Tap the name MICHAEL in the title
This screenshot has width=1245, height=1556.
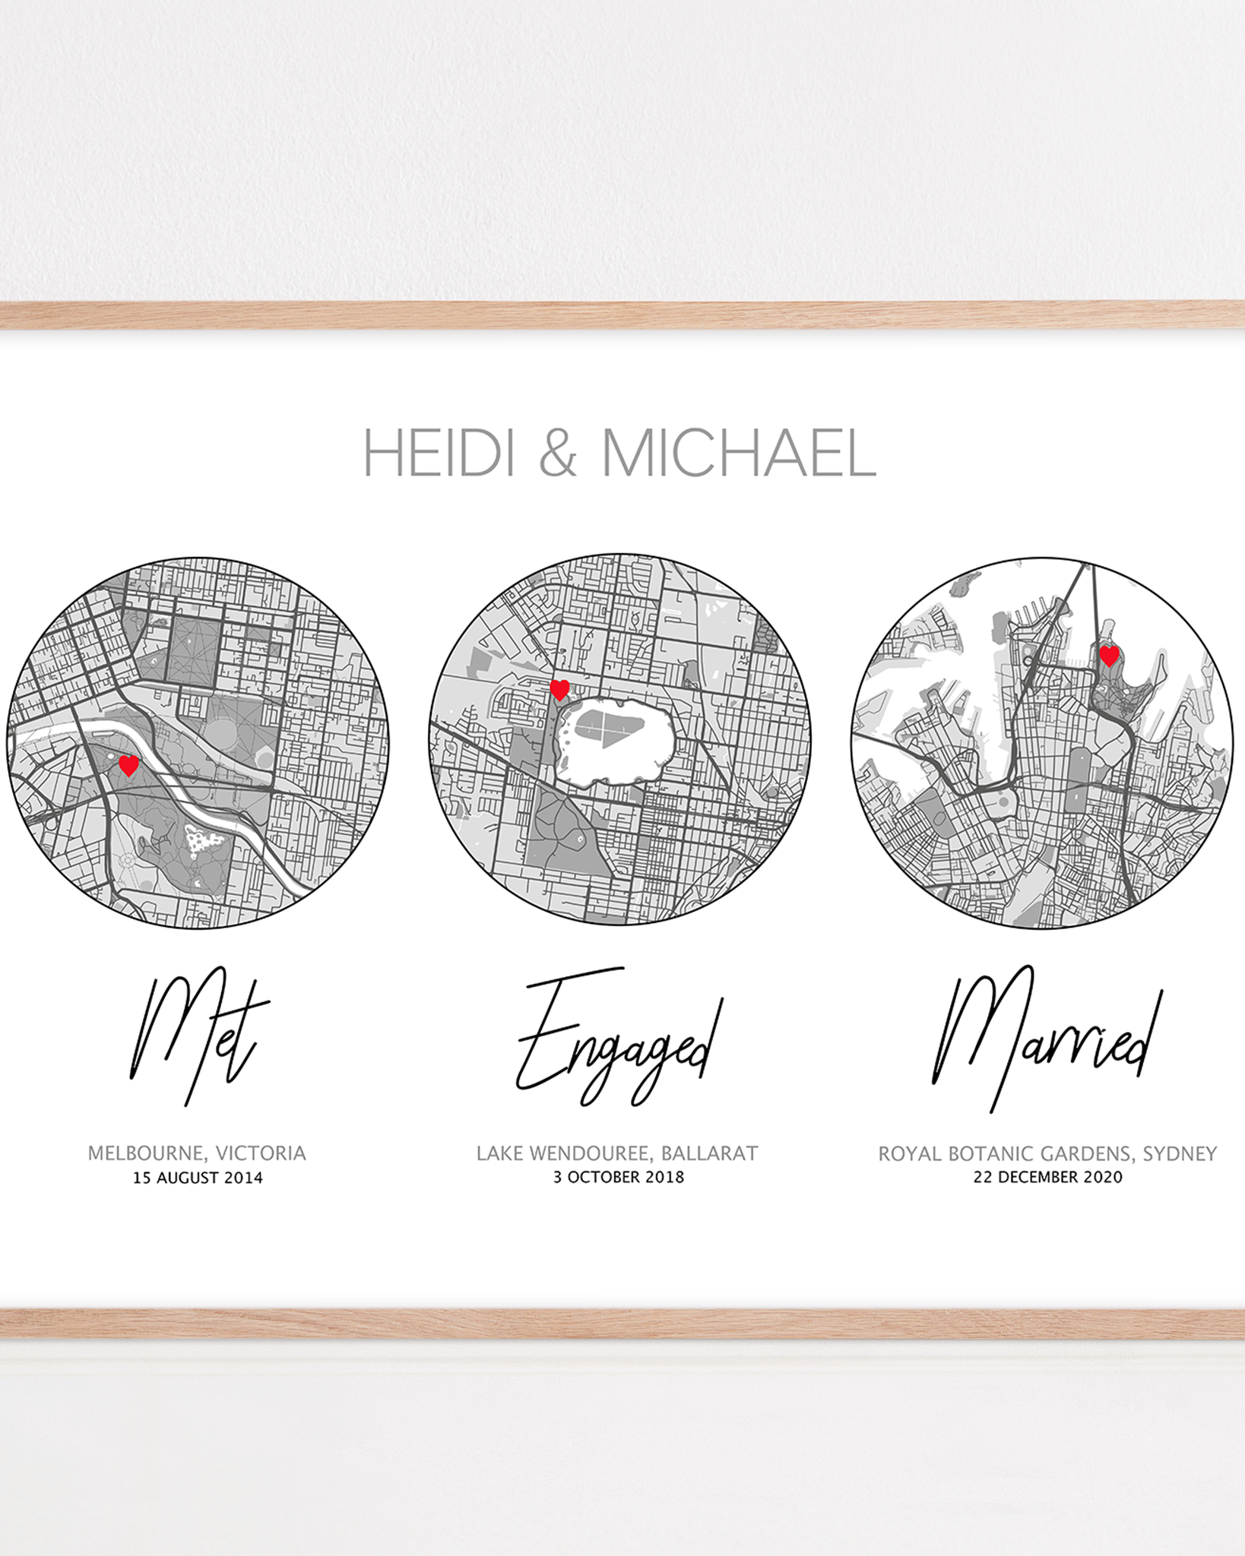pyautogui.click(x=738, y=454)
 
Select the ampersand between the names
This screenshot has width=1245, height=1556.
pyautogui.click(x=557, y=454)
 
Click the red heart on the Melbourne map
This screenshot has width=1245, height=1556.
pyautogui.click(x=129, y=765)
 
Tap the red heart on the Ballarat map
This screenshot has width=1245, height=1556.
pyautogui.click(x=559, y=690)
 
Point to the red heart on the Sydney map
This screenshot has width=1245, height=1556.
pyautogui.click(x=1109, y=656)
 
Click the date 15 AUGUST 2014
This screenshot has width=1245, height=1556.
pyautogui.click(x=198, y=1178)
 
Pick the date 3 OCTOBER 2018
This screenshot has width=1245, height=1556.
pyautogui.click(x=618, y=1177)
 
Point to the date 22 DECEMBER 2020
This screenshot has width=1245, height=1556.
pyautogui.click(x=1047, y=1177)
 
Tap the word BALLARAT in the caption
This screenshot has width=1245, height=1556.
pyautogui.click(x=709, y=1153)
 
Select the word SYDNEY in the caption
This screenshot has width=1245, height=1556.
pyautogui.click(x=1180, y=1154)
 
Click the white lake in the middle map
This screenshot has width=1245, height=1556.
pyautogui.click(x=616, y=741)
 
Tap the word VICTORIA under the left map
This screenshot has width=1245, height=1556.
pyautogui.click(x=261, y=1153)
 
